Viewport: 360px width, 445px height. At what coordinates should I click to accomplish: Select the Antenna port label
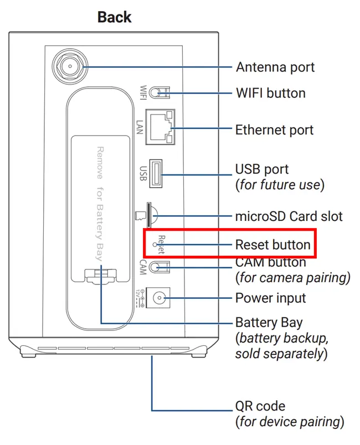(x=275, y=67)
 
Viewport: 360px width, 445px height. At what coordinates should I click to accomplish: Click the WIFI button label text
(x=270, y=92)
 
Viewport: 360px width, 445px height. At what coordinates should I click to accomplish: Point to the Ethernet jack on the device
(x=161, y=127)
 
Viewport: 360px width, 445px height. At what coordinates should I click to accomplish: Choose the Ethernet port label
(x=274, y=130)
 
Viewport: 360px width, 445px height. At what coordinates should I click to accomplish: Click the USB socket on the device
(x=156, y=173)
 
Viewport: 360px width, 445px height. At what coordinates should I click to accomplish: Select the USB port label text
(x=262, y=168)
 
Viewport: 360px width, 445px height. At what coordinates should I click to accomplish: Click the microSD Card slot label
(x=289, y=216)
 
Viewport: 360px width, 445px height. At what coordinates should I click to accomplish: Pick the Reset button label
(x=272, y=244)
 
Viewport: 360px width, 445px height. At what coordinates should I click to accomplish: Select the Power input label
(x=270, y=298)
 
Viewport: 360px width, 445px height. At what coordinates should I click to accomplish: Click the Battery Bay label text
(x=269, y=322)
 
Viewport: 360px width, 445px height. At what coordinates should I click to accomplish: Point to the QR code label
(x=260, y=407)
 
